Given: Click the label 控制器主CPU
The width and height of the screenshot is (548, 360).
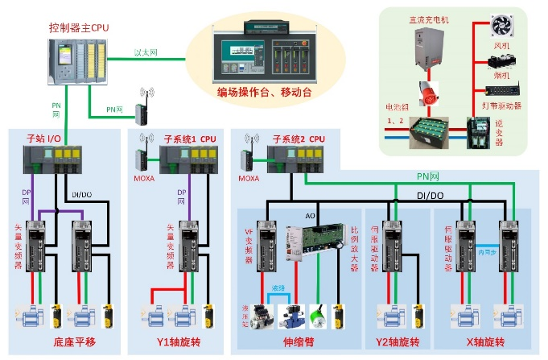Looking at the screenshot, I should [x=77, y=27].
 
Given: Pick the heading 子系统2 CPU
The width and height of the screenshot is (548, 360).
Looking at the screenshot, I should [x=299, y=139].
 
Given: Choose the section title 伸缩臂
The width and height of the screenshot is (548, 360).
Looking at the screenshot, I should [x=299, y=341].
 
